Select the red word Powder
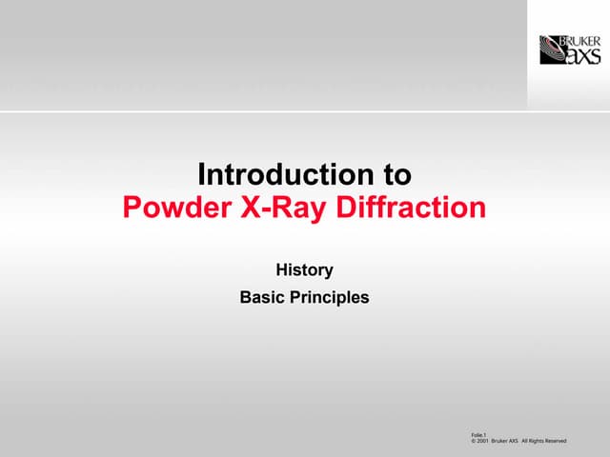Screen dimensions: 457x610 point(172,207)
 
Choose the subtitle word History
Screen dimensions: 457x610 point(304,269)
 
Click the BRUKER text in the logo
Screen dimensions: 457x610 point(582,41)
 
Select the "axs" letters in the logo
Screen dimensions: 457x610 point(583,55)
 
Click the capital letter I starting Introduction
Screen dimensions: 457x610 point(201,175)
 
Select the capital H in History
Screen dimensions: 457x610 point(281,269)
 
